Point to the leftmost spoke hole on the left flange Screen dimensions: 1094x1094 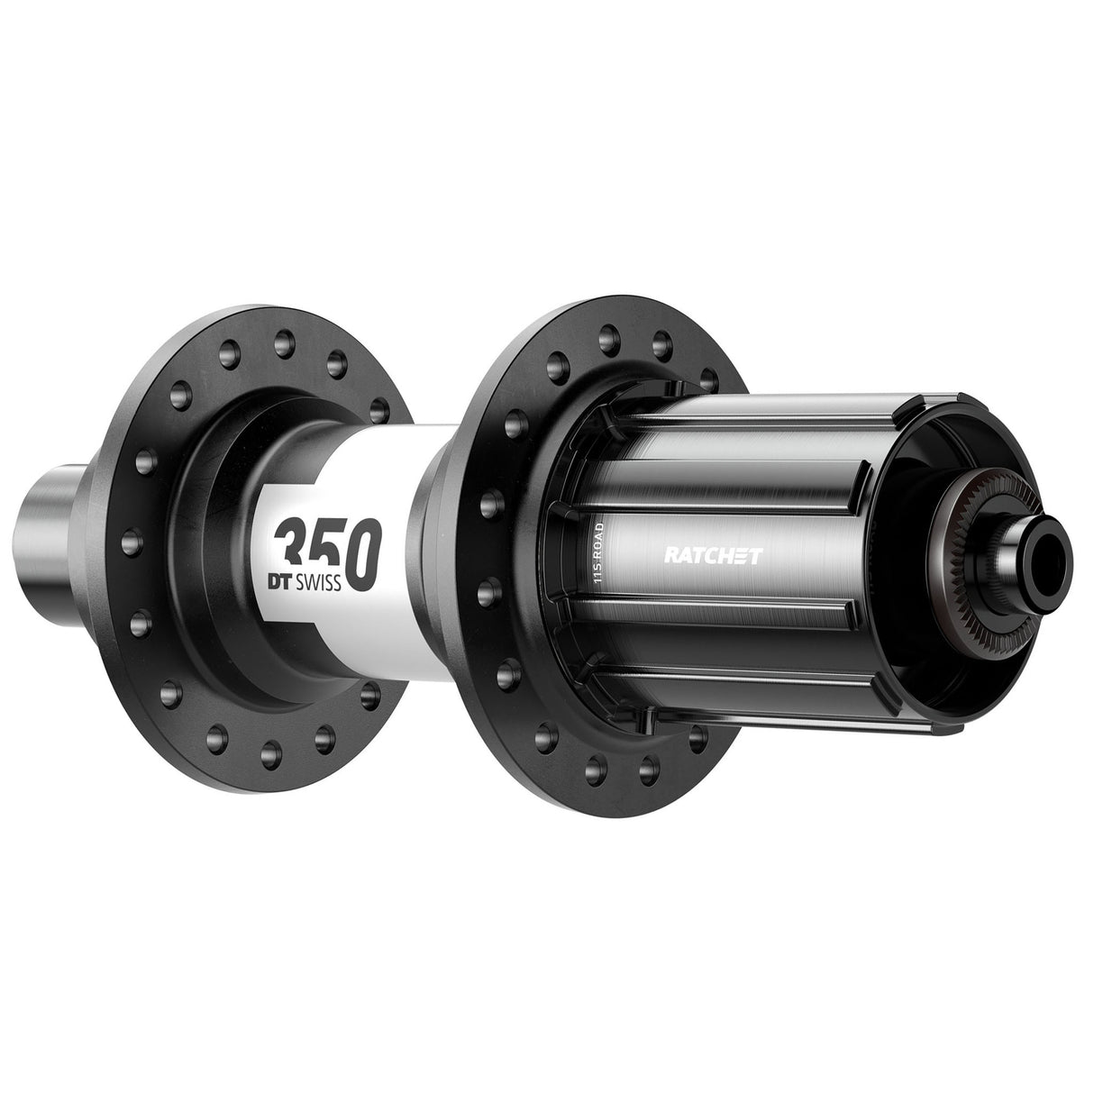123,540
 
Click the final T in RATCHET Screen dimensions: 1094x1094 757,556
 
